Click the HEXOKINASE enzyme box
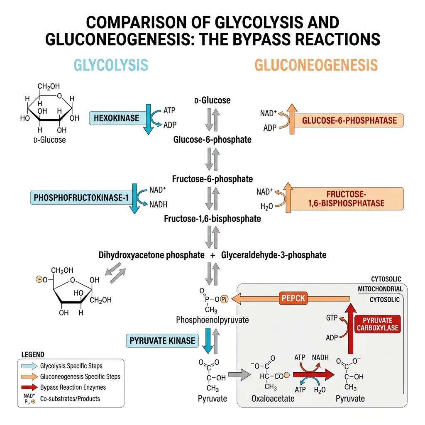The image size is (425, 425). click(116, 118)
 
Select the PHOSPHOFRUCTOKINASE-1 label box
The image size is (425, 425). click(81, 198)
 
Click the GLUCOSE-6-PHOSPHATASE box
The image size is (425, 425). click(349, 121)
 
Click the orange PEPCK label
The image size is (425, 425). click(293, 298)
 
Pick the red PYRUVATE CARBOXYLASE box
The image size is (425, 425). click(377, 324)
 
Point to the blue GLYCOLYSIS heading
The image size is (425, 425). click(110, 65)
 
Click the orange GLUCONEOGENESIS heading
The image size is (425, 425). click(316, 65)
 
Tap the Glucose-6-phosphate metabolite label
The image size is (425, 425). click(212, 139)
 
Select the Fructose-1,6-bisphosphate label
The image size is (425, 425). click(212, 218)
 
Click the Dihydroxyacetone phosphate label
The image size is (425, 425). click(151, 255)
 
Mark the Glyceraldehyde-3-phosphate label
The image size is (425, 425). click(274, 255)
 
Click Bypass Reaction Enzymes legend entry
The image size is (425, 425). click(73, 387)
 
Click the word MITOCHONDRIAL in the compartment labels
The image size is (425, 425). click(380, 289)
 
